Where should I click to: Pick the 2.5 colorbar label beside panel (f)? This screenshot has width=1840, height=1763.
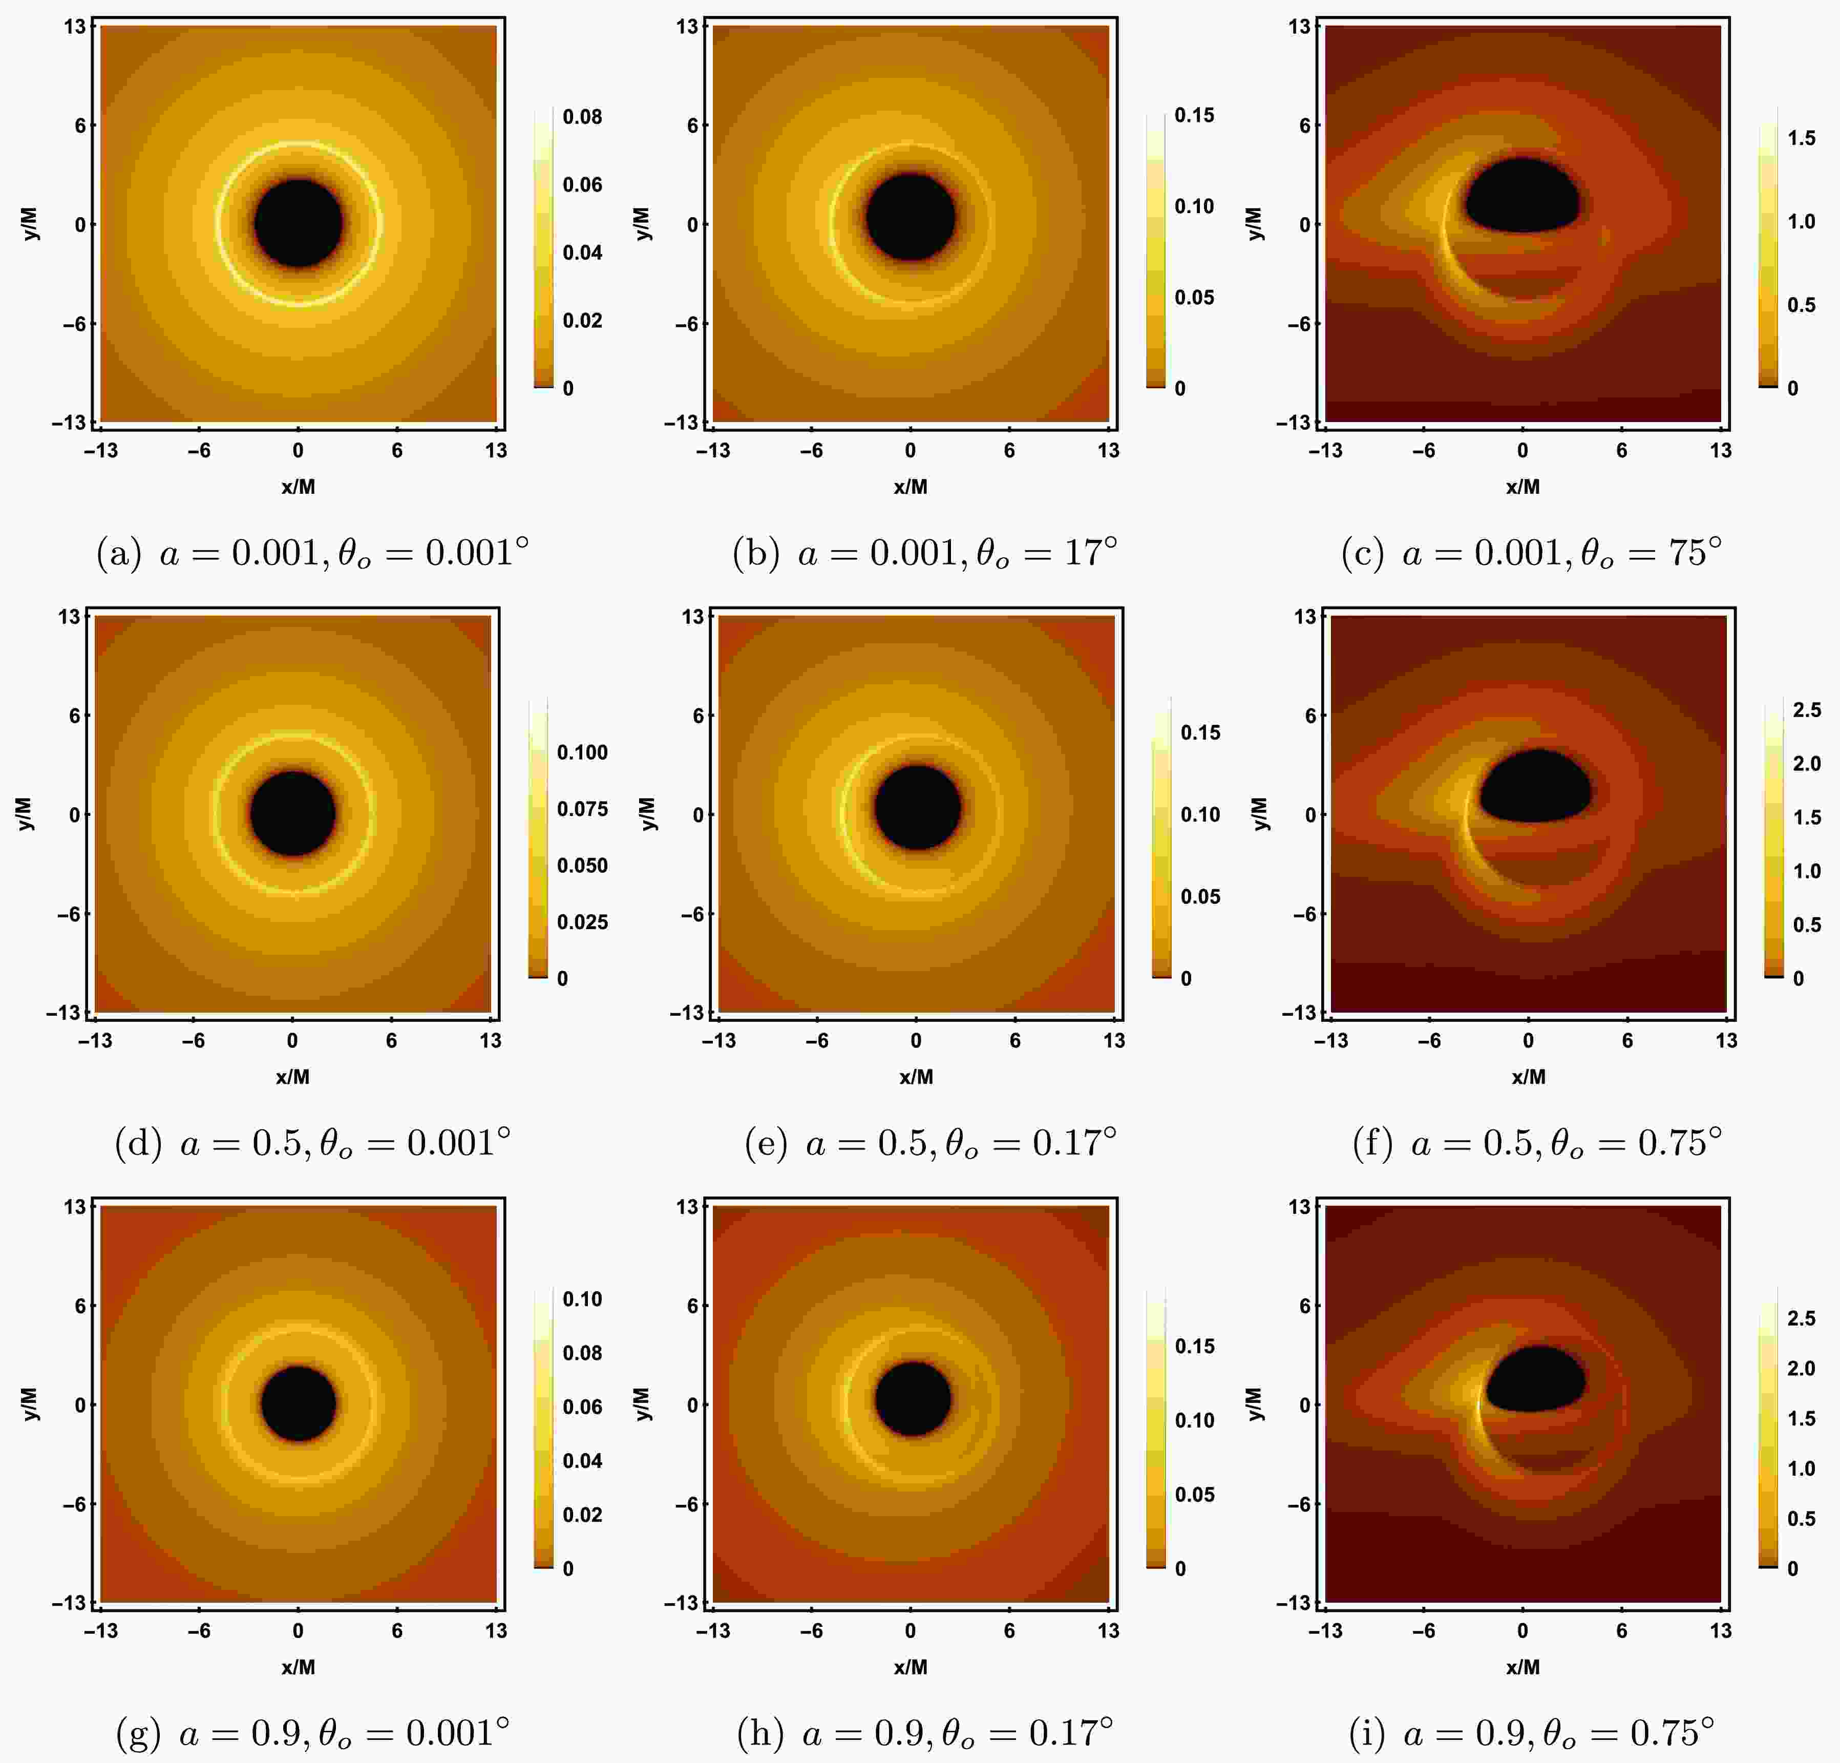pyautogui.click(x=1806, y=710)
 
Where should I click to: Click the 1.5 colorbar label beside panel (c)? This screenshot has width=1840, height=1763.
pyautogui.click(x=1801, y=138)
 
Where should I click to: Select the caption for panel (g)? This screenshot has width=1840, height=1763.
pyautogui.click(x=312, y=1733)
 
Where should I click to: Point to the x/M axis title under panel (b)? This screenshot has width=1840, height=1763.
pyautogui.click(x=910, y=486)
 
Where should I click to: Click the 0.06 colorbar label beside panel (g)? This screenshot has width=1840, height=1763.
pyautogui.click(x=582, y=1407)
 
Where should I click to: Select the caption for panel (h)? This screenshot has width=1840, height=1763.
pyautogui.click(x=925, y=1733)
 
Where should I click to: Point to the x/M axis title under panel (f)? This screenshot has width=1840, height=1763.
pyautogui.click(x=1528, y=1077)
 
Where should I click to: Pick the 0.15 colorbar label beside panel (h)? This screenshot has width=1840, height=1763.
pyautogui.click(x=1194, y=1346)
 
